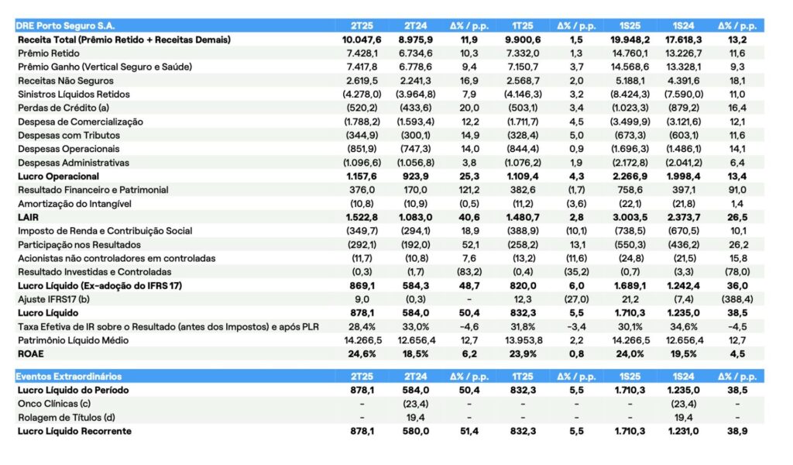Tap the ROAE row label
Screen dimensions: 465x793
[32, 354]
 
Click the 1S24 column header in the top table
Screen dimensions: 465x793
[686, 25]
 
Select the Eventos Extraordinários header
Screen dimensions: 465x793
[69, 377]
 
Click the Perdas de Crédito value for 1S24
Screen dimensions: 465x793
[685, 108]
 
